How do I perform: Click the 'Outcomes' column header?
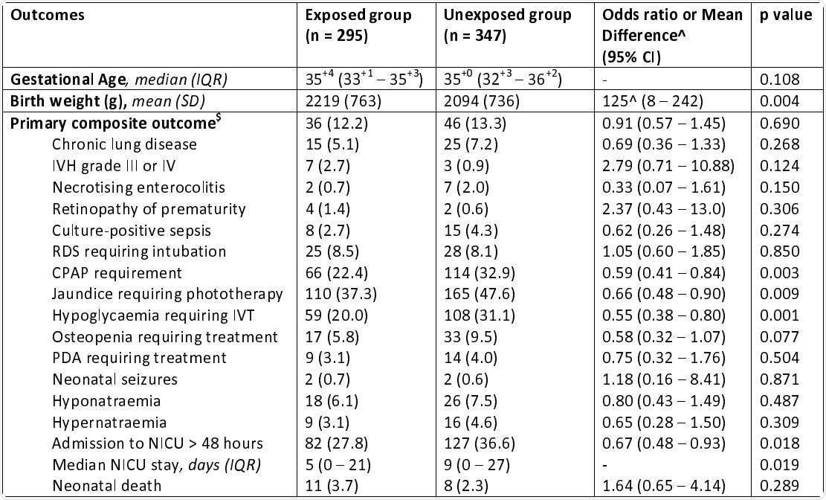tap(42, 15)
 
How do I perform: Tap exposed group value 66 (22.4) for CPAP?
tap(341, 272)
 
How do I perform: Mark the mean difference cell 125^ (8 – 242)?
tap(652, 101)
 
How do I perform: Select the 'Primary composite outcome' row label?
tap(94, 123)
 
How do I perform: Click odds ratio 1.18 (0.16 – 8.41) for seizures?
tap(665, 379)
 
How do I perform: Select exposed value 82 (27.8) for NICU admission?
tap(341, 443)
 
